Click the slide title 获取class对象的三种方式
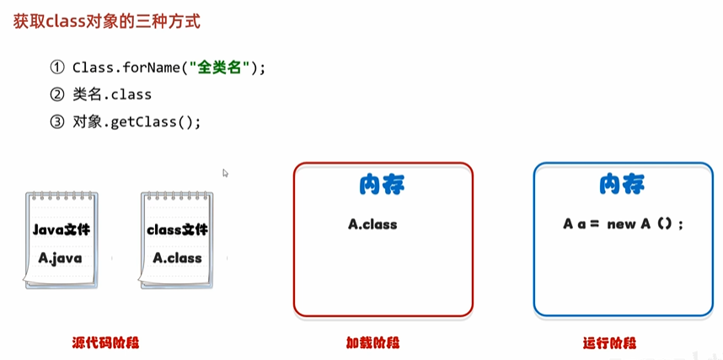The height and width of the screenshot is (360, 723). coord(106,23)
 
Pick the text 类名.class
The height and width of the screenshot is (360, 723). coord(112,95)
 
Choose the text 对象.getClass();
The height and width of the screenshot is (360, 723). coord(137,122)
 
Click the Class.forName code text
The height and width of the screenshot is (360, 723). coord(169,68)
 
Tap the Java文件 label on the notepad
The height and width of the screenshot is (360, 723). coord(61,229)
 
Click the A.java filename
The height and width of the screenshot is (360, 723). coord(60,257)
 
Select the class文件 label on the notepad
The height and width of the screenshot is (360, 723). coord(177,229)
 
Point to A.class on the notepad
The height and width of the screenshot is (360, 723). coord(177,257)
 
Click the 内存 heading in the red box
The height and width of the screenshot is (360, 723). coord(383,185)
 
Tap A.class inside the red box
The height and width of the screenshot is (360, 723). coord(372,224)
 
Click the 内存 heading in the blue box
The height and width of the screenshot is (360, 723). coord(622,185)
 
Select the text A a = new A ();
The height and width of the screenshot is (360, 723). coord(623,224)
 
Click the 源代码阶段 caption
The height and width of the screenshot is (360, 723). coord(105,343)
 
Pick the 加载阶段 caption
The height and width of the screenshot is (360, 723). coord(372,343)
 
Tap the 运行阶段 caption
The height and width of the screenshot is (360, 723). coord(609,343)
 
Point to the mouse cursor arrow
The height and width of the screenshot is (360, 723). coord(225,173)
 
